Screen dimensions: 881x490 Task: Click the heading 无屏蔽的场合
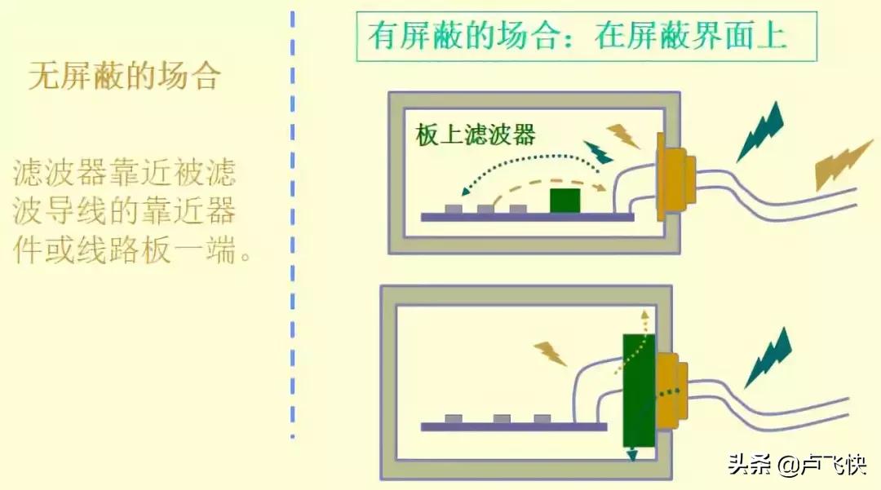[125, 77]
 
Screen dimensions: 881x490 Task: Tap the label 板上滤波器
[476, 135]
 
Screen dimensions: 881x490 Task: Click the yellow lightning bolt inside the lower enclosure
[551, 353]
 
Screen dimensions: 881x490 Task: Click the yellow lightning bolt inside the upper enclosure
[624, 135]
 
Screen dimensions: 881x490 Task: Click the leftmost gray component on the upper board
[454, 209]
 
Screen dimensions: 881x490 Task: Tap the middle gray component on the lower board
[502, 419]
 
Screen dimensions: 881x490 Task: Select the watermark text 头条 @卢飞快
[795, 466]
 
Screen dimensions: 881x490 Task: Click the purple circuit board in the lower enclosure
[514, 426]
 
